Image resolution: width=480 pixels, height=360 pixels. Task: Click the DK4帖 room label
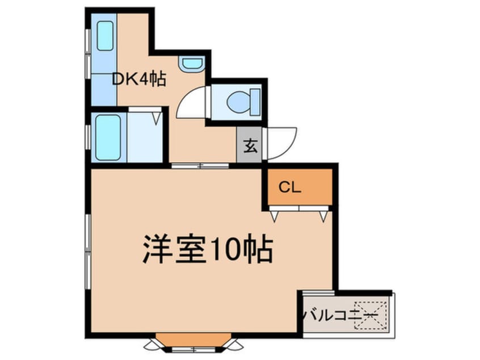coord(138,80)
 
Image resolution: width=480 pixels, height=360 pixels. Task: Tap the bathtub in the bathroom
coord(107,137)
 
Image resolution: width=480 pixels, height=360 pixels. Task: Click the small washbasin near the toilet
coord(191,64)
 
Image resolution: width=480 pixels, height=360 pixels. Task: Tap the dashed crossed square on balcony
coord(370,315)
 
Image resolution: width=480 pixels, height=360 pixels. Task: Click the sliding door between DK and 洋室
coord(199,166)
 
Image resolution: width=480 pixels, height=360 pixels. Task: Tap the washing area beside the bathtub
coord(144,138)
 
